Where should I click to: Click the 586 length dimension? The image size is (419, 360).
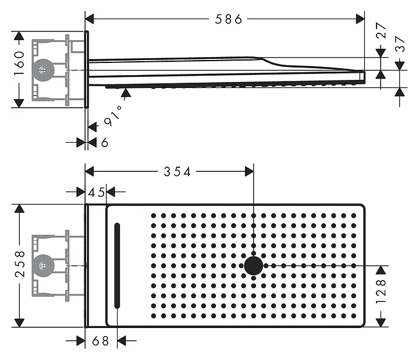click(229, 19)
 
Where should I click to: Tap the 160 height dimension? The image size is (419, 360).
click(19, 63)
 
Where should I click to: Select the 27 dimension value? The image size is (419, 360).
click(381, 30)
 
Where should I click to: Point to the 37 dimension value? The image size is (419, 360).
click(400, 44)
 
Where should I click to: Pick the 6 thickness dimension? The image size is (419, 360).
click(105, 143)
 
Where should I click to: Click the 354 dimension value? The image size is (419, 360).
click(177, 172)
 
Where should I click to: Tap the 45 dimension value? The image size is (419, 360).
click(96, 192)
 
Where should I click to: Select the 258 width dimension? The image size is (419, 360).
click(20, 264)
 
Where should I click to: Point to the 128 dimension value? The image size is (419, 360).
click(381, 291)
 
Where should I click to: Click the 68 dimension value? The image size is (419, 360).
click(100, 341)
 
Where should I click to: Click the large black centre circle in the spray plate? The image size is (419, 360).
click(254, 266)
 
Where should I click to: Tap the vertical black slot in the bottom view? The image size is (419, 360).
click(117, 266)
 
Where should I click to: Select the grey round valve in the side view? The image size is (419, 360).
click(42, 70)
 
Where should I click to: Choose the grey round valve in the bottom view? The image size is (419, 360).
click(42, 266)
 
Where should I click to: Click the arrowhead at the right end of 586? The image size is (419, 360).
click(360, 19)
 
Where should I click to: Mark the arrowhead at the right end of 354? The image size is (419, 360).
click(249, 171)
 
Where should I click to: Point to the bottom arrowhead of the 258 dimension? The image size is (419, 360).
click(19, 323)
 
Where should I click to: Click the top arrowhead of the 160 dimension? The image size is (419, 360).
click(19, 36)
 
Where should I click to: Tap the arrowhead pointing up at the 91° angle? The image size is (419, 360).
click(126, 93)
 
